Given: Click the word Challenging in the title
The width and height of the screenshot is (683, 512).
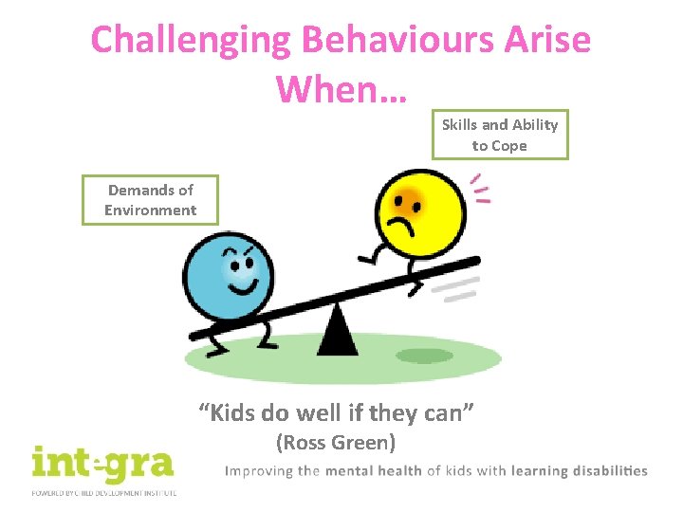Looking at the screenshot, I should coord(190,41).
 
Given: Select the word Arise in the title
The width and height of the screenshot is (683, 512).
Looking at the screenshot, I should coord(550,41).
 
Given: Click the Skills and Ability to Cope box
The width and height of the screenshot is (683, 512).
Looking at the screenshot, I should coord(500,135).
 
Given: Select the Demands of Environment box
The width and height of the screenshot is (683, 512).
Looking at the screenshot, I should coord(150,200).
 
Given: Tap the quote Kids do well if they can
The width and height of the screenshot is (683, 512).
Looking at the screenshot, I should coord(336,412).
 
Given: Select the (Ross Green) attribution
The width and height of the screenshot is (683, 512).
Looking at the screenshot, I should coord(335,442).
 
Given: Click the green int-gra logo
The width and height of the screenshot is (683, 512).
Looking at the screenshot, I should coord(102,464).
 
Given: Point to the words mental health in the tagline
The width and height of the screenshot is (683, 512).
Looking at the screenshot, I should coord(375,471).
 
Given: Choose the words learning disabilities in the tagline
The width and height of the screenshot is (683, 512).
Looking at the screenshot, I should coord(579,471).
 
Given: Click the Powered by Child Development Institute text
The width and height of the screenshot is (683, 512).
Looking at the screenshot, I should coord(102,493).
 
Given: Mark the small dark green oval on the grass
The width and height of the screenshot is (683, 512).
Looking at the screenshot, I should coord(424,356).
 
